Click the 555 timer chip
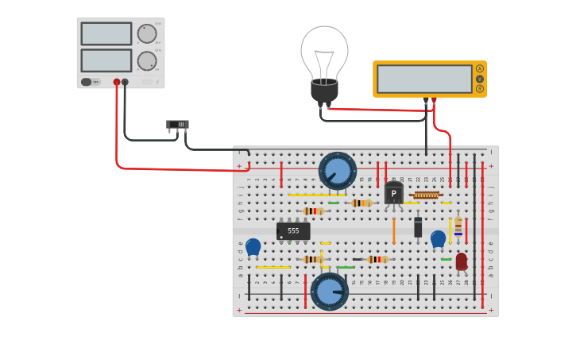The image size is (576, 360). tap(293, 230)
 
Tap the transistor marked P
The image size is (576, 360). tap(393, 193)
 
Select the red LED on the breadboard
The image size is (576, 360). tap(461, 261)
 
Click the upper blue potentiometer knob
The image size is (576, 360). tap(338, 171)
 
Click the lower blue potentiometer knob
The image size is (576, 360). tap(329, 291)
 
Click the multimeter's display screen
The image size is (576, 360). tap(424, 79)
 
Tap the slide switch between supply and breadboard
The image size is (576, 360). tap(177, 125)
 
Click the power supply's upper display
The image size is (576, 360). tap(106, 33)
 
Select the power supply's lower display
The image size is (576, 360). tap(106, 60)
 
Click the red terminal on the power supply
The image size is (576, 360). tap(117, 82)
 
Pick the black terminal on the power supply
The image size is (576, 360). tap(125, 82)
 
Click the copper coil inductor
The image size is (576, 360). tap(427, 195)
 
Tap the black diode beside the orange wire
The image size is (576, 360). tap(418, 227)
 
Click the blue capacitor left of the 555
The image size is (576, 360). tap(253, 247)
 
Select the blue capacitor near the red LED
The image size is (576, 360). tap(438, 238)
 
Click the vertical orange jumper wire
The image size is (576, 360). tap(393, 231)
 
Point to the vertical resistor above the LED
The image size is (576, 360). tap(458, 226)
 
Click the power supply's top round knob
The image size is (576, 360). tap(146, 33)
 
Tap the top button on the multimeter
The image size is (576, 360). tap(479, 69)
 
